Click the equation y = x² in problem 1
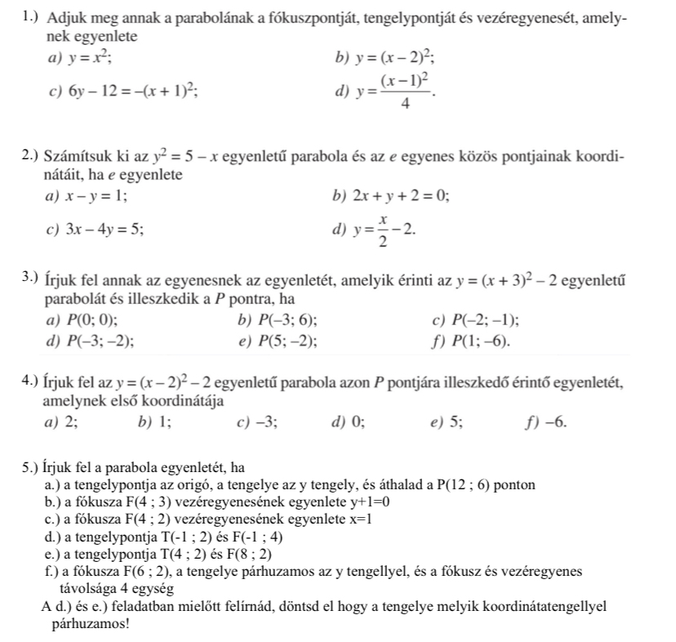pyautogui.click(x=90, y=58)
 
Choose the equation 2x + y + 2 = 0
pyautogui.click(x=402, y=196)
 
